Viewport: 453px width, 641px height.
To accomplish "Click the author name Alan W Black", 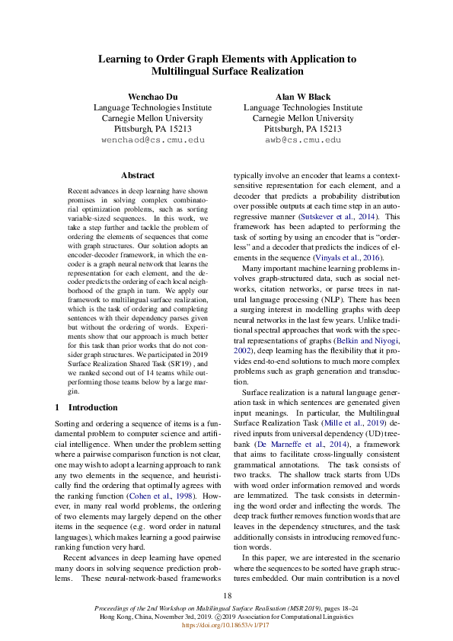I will (x=302, y=97).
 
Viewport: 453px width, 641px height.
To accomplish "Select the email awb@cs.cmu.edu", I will (x=302, y=140).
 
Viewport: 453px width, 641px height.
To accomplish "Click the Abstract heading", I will (x=137, y=175).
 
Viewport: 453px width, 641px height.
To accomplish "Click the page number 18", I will (x=227, y=595).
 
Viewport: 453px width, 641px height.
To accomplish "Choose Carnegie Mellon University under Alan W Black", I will (x=302, y=119).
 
